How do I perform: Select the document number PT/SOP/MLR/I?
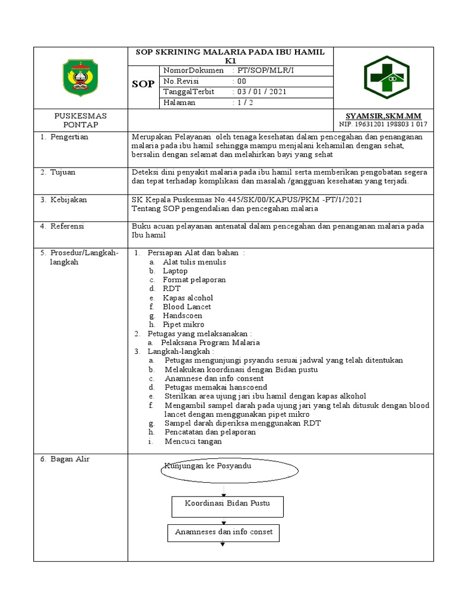click(x=259, y=71)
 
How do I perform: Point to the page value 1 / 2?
click(x=242, y=103)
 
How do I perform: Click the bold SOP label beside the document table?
click(x=143, y=84)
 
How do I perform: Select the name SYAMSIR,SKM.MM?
click(x=383, y=115)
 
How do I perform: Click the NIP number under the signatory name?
click(x=383, y=125)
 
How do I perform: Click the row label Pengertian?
click(x=68, y=137)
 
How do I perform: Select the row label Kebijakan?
click(x=67, y=200)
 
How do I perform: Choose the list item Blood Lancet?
click(x=187, y=307)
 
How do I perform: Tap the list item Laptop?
click(x=175, y=271)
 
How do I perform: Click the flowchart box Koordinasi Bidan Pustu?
click(x=227, y=506)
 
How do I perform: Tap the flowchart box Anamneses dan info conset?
click(x=224, y=533)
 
